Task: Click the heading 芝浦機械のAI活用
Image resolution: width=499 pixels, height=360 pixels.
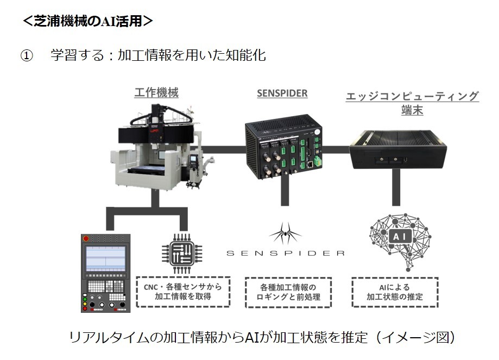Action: (88, 21)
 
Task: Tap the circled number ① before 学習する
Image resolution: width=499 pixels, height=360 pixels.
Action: (27, 56)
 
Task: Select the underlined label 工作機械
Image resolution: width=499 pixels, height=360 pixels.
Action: (156, 93)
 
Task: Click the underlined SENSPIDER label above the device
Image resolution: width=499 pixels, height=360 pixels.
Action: (282, 93)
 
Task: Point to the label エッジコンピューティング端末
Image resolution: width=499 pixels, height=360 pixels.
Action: (412, 103)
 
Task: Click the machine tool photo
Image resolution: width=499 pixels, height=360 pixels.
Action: (161, 147)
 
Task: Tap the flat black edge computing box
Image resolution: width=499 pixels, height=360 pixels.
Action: (398, 150)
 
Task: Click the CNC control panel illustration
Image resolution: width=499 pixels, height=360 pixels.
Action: (106, 273)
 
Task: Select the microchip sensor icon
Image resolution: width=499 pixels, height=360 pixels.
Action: (182, 254)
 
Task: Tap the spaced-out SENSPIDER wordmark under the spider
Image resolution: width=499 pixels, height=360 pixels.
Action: (286, 254)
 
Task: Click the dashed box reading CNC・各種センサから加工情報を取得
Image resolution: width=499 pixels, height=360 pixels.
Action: (183, 292)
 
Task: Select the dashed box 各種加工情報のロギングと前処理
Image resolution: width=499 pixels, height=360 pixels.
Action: (288, 292)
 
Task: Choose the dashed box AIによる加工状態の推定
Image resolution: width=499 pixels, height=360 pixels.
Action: (395, 292)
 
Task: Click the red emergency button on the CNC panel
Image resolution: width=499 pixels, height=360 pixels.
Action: (86, 239)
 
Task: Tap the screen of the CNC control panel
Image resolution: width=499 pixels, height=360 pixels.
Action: (106, 258)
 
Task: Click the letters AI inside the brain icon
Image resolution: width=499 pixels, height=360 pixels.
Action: (400, 237)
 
